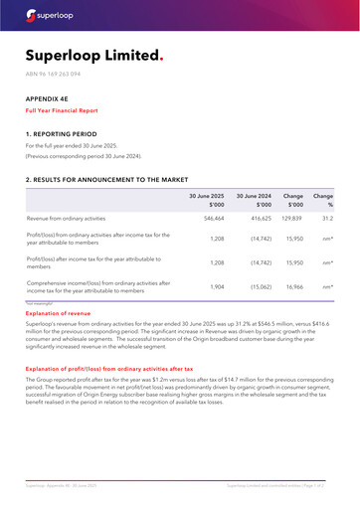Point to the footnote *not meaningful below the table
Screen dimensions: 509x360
coord(40,301)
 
